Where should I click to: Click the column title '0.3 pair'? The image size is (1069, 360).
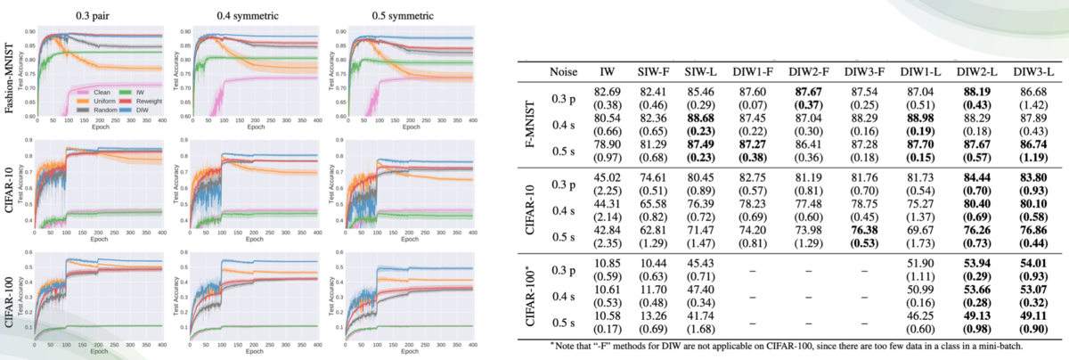click(x=93, y=14)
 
